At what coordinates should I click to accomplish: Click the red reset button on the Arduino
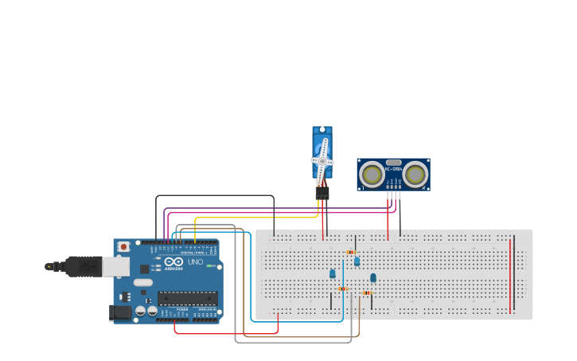(123, 247)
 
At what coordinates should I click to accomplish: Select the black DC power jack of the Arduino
(120, 312)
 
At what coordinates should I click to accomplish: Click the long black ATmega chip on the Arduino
(187, 298)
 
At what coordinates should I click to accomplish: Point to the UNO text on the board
(195, 262)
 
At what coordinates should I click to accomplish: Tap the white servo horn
(322, 160)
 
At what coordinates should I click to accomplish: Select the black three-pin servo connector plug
(322, 192)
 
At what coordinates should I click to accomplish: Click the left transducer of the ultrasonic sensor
(372, 174)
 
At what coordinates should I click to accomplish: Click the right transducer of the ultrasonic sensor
(415, 174)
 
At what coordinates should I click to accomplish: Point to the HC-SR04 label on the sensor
(393, 168)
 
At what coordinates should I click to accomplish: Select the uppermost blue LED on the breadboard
(357, 261)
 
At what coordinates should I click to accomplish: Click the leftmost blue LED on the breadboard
(333, 273)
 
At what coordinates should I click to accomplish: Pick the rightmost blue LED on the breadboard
(372, 277)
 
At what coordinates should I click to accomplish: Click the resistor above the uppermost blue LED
(351, 253)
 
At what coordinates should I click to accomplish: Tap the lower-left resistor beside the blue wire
(342, 288)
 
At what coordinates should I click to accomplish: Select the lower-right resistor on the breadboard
(367, 293)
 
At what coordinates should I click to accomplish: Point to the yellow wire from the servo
(255, 218)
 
